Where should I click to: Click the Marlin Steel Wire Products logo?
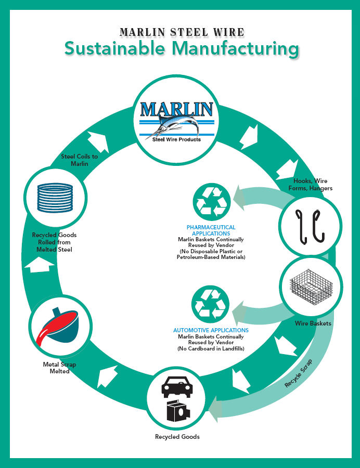(x=177, y=120)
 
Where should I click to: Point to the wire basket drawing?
(x=311, y=287)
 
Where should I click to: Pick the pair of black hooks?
(x=310, y=226)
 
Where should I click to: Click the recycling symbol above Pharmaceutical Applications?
(x=210, y=201)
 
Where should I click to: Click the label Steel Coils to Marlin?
(x=79, y=160)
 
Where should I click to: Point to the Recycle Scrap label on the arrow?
(x=299, y=374)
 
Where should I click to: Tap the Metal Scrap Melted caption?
(x=59, y=368)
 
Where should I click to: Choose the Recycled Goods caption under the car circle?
(x=177, y=437)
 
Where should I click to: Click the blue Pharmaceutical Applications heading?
(x=211, y=230)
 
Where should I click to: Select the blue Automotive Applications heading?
(x=211, y=330)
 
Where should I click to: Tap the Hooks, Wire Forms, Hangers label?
(x=313, y=185)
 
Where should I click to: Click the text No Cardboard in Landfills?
(x=211, y=348)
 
